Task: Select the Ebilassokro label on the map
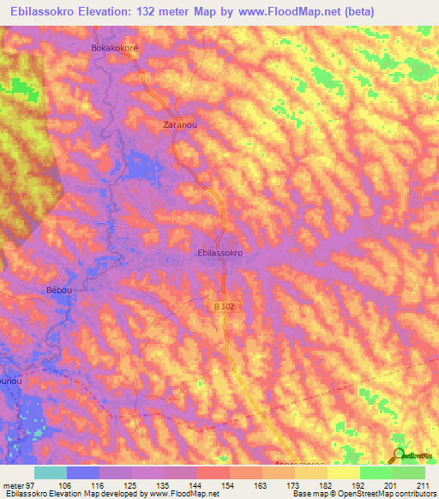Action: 221,254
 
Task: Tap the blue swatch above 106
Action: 83,472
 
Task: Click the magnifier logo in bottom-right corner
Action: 399,455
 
